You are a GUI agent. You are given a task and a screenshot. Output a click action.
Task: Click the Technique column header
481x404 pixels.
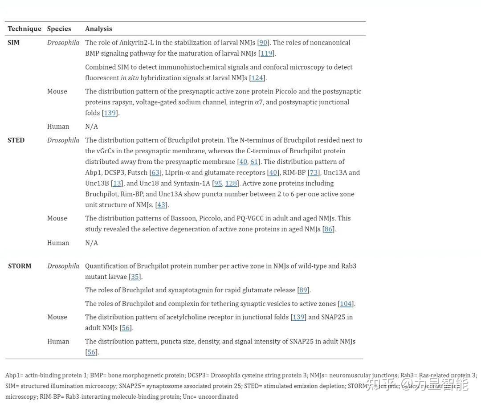[x=24, y=29]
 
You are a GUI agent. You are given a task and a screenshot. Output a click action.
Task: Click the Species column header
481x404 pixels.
[x=59, y=29]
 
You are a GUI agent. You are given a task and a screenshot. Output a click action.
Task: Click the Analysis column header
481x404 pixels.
[x=98, y=29]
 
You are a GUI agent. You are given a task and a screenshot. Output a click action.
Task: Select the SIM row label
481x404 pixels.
[x=13, y=43]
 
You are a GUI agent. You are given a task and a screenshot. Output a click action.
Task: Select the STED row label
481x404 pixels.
[x=16, y=140]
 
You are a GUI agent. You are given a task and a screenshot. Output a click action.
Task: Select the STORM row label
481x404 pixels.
[x=20, y=266]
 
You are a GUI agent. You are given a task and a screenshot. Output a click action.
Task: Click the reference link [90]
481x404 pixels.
[x=263, y=43]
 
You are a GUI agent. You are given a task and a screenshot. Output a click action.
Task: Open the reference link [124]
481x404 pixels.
[x=257, y=78]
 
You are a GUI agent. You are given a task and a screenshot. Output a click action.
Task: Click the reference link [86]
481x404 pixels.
[x=328, y=229]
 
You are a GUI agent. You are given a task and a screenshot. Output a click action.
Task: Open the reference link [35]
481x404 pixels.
[x=135, y=277]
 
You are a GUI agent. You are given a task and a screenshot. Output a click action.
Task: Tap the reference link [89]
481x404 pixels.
[x=303, y=290]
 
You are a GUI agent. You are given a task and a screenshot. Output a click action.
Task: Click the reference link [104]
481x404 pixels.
[x=346, y=304]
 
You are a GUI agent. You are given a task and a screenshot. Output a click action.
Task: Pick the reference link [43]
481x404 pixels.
[x=162, y=205]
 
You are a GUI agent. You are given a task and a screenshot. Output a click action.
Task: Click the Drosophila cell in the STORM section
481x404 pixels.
[x=63, y=266]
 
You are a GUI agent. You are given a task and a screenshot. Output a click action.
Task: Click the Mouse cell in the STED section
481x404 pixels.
[x=57, y=218]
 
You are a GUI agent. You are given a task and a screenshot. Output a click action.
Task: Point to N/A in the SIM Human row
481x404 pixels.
[x=91, y=127]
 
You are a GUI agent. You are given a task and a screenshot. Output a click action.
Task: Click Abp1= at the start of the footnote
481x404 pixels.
[x=15, y=375]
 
